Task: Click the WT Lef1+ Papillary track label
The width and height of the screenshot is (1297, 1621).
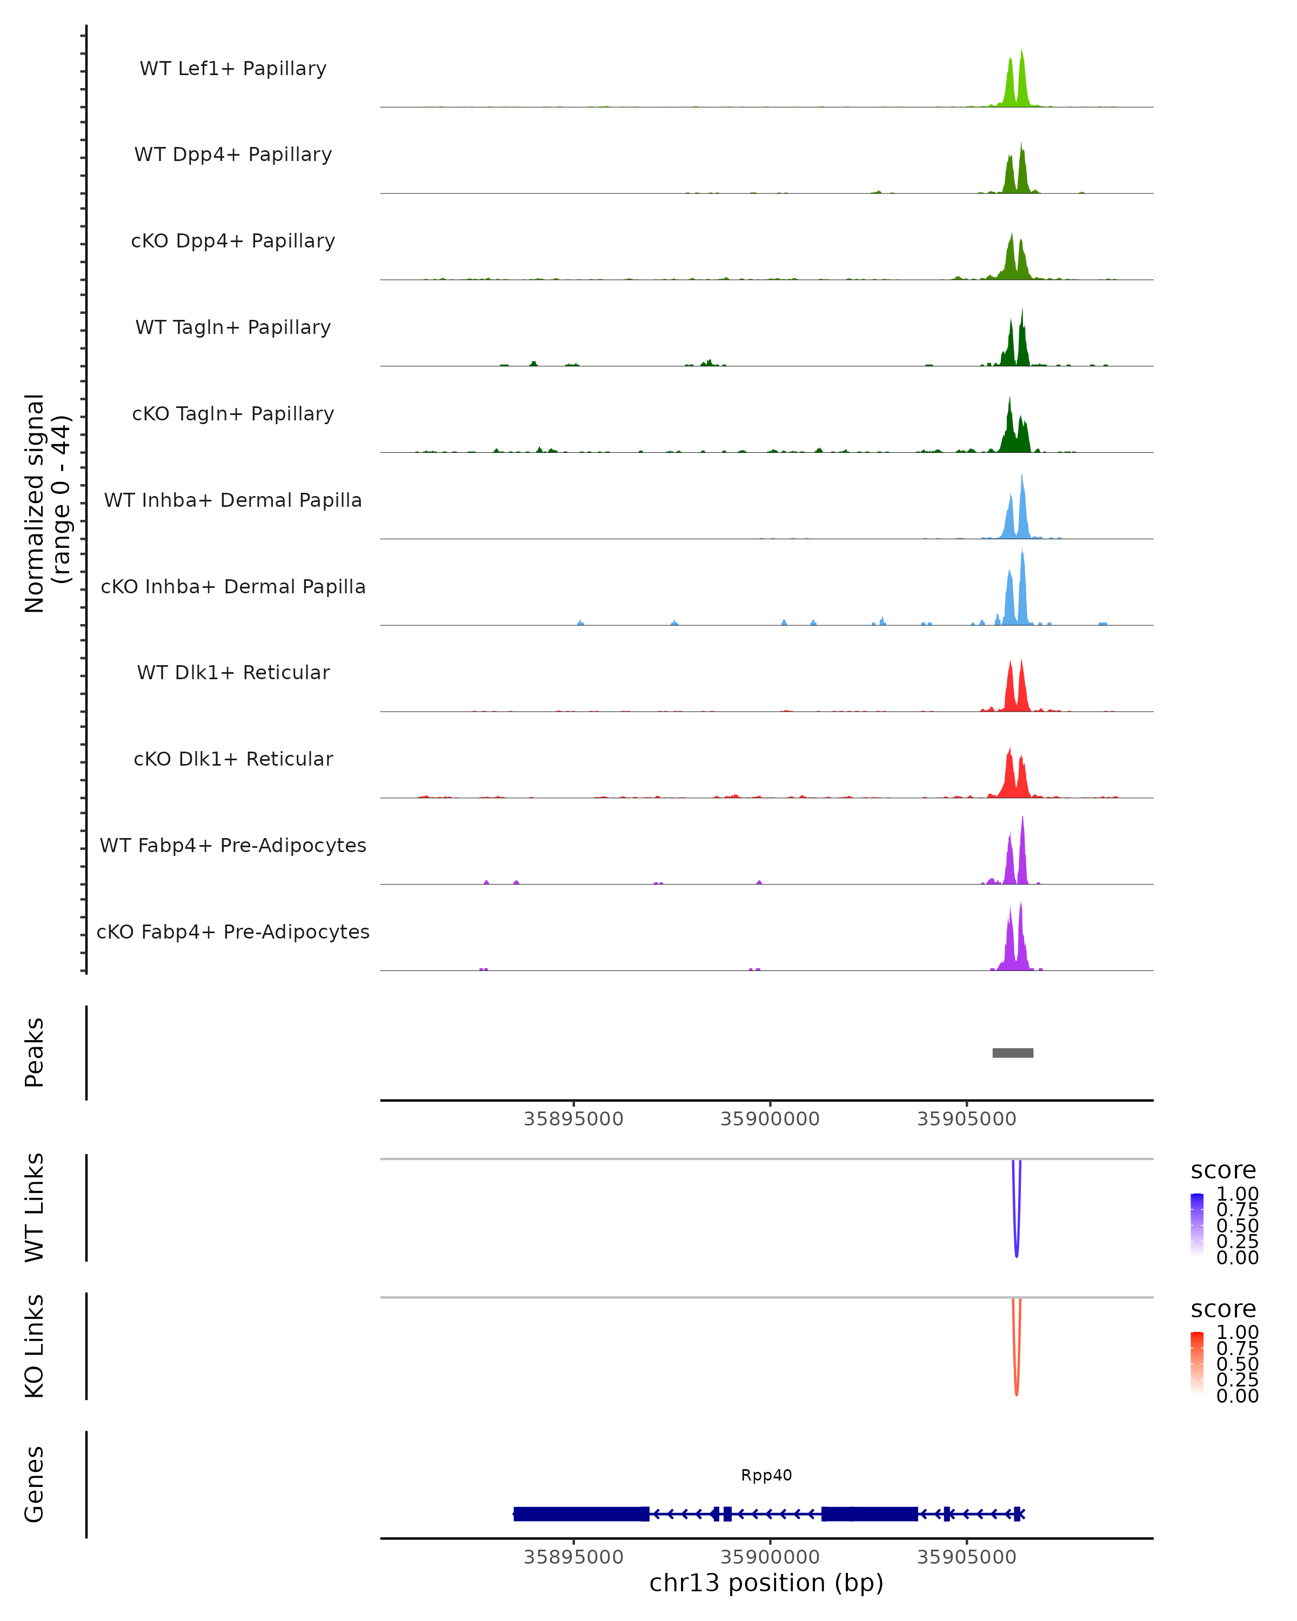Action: (x=233, y=69)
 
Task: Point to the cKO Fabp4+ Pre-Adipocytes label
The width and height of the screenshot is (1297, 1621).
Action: (x=233, y=932)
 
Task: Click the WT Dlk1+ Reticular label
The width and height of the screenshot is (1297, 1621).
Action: (x=233, y=672)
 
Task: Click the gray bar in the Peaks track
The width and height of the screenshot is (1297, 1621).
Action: (x=1012, y=1053)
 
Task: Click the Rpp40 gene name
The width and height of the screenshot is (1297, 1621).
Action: (x=766, y=1475)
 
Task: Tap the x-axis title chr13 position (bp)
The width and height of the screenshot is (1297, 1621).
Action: (x=766, y=1583)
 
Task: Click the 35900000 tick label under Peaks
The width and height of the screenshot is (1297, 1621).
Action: (x=770, y=1119)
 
